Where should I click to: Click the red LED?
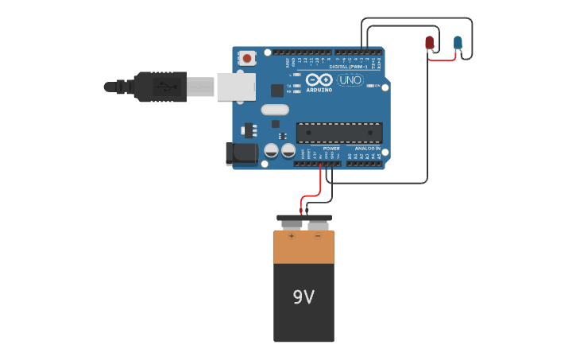tap(430, 42)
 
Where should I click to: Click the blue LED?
tap(458, 42)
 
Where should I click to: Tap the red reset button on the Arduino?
tap(248, 58)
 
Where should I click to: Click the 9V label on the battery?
tap(303, 297)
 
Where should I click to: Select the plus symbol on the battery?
tap(291, 236)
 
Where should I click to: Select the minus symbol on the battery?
tap(318, 236)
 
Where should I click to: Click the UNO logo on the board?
tap(350, 80)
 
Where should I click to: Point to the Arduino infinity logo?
tap(319, 80)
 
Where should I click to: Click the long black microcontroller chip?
tap(339, 134)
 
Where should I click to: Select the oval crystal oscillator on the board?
tap(273, 110)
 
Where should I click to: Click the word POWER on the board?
tap(331, 149)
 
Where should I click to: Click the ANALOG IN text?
tap(366, 149)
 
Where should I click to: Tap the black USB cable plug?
tap(159, 86)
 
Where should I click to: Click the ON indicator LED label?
tap(377, 85)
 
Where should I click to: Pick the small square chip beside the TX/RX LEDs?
tap(277, 91)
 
